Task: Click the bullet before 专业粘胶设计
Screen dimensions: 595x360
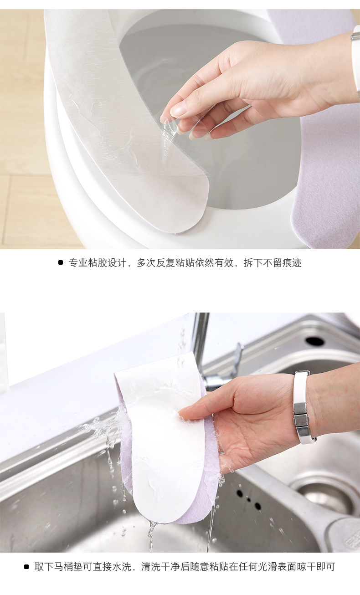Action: pyautogui.click(x=61, y=262)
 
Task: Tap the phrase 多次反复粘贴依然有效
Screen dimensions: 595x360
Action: pyautogui.click(x=185, y=263)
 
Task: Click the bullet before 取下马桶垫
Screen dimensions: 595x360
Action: pyautogui.click(x=27, y=567)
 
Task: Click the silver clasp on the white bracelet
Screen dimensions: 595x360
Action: pyautogui.click(x=301, y=415)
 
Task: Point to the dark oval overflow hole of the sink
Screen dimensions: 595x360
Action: pyautogui.click(x=315, y=341)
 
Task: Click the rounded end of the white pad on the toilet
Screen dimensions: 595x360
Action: pyautogui.click(x=182, y=214)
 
